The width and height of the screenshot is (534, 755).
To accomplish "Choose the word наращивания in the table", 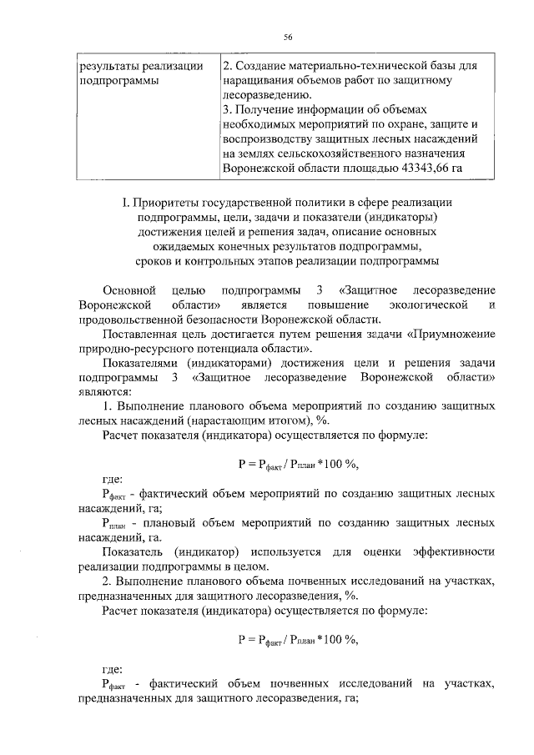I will tap(263, 81).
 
